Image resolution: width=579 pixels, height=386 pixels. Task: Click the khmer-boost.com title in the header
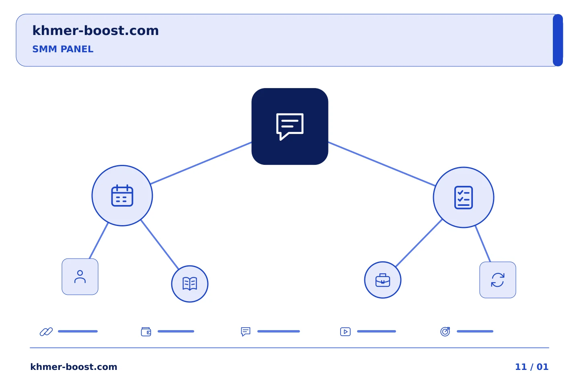coord(95,31)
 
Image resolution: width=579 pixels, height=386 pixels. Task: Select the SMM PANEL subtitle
coord(63,49)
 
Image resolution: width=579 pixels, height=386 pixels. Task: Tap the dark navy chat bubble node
coord(290,126)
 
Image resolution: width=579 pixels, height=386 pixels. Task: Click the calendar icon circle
coord(122,196)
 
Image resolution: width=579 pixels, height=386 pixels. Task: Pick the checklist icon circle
coord(464,197)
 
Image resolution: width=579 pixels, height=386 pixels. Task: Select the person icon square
coord(80,277)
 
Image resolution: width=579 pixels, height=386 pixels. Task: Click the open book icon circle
coord(190,284)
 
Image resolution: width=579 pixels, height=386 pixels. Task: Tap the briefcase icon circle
coord(383,280)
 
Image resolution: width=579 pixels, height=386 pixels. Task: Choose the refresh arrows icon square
coord(498,280)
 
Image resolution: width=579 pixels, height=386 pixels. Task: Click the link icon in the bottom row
coord(46,332)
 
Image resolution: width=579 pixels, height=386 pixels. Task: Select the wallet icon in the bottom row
coord(146,332)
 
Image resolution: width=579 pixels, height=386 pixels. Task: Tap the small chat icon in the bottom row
coord(246,332)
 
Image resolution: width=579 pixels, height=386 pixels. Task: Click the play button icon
coord(345,332)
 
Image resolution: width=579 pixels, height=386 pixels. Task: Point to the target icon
coord(445,331)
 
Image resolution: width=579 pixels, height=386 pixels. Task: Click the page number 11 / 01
coord(532,367)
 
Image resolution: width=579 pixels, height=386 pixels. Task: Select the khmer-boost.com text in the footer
coord(74,367)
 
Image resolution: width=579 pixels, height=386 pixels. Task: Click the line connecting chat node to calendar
coord(201,163)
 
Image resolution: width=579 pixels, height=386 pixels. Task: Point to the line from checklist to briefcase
coord(419,243)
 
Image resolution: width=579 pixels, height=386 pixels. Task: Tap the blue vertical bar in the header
coord(558,40)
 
